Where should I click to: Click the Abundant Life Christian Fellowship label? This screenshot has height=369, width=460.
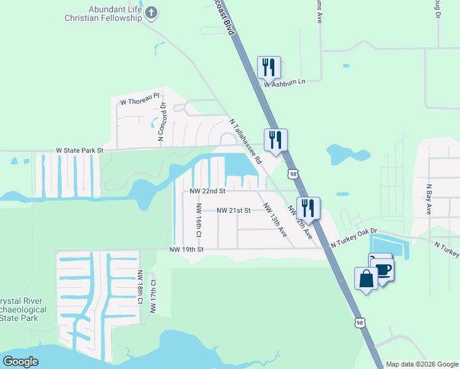(103, 14)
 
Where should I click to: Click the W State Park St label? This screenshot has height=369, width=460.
(80, 150)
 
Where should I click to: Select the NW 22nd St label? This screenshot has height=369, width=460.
(207, 192)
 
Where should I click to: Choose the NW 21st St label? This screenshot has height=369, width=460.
(234, 210)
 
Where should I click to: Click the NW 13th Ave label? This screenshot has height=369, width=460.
(274, 220)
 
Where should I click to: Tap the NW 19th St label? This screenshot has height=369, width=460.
(186, 249)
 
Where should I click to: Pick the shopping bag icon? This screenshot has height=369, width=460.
(367, 279)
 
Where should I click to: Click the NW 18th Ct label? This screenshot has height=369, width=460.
(141, 287)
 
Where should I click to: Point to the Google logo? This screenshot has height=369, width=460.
(20, 362)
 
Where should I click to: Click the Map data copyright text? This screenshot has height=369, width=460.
(421, 364)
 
